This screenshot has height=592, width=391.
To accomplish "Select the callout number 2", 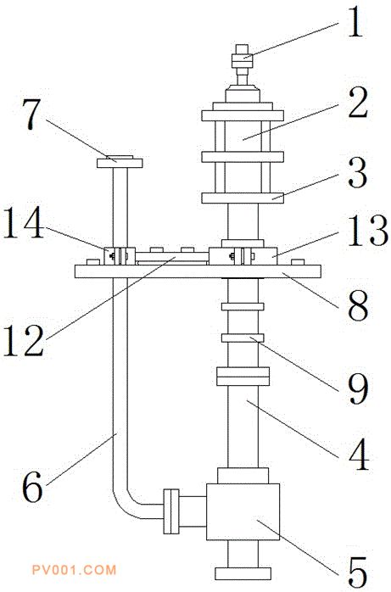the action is pyautogui.click(x=357, y=103).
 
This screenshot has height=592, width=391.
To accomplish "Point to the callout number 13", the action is pyautogui.click(x=367, y=232).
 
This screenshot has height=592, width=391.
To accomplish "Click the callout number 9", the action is pyautogui.click(x=357, y=389).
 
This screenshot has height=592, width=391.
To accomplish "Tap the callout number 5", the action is pyautogui.click(x=357, y=572).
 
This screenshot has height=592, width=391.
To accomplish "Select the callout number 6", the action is pyautogui.click(x=33, y=488).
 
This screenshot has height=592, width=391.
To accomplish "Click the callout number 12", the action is pyautogui.click(x=24, y=341).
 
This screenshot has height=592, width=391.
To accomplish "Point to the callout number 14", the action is pyautogui.click(x=24, y=224).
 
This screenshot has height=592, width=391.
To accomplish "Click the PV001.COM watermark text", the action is pyautogui.click(x=74, y=569).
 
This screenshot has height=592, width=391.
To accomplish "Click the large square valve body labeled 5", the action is pyautogui.click(x=243, y=511).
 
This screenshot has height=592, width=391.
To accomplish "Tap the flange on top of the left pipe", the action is pyautogui.click(x=120, y=162).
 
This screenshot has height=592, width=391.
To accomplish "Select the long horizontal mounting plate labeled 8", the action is pyautogui.click(x=198, y=271).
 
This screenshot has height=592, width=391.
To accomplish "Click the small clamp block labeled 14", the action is pyautogui.click(x=120, y=256).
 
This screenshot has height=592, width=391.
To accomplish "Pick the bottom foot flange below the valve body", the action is pyautogui.click(x=243, y=573).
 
